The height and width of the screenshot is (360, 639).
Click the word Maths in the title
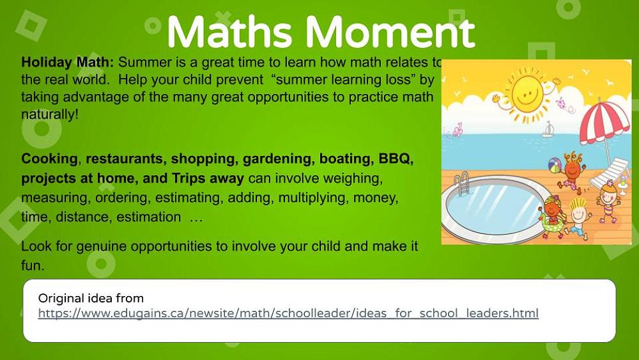229,32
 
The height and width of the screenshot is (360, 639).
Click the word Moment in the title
390,32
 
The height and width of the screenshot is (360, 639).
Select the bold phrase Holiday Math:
68,63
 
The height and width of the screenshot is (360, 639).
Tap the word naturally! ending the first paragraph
49,114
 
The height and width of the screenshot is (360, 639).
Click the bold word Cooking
49,159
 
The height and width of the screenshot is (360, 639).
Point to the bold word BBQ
396,158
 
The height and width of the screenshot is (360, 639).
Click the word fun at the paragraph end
32,266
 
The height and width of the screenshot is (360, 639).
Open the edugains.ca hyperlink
288,313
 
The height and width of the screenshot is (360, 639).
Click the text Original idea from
91,298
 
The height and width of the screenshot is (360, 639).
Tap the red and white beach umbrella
604,124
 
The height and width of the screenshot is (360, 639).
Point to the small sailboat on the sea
548,130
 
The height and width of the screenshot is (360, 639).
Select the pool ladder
462,184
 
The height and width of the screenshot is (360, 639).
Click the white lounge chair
609,173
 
